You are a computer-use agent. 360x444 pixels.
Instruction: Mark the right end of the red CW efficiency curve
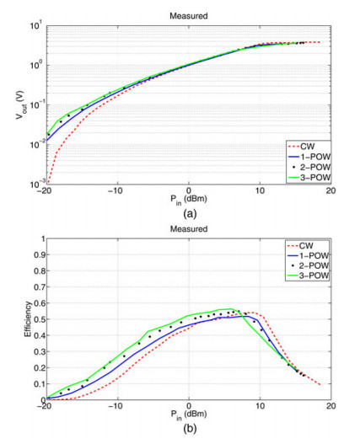point(320,385)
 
